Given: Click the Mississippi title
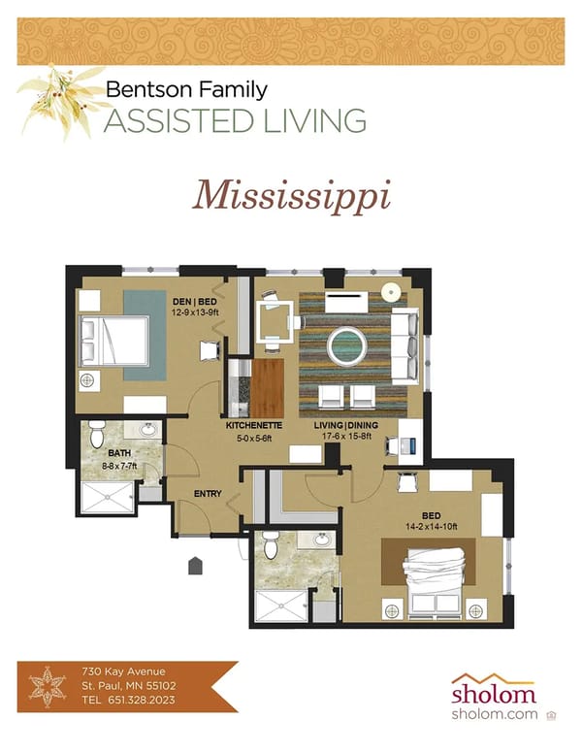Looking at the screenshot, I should pos(291,195).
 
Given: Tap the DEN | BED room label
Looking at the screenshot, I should pos(193,301).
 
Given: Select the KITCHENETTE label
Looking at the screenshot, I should pos(254,426).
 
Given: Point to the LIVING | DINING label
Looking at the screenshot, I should pos(345,426).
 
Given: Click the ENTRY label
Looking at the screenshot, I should pos(208,494).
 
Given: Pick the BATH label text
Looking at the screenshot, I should pos(120,453).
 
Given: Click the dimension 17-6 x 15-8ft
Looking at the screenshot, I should pos(345,438).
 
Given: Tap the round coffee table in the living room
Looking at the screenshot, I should pos(346,344).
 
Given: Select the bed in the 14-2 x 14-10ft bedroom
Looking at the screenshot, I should pos(435,580).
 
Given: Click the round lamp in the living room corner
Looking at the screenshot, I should pos(391,291).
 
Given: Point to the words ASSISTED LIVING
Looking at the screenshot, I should pos(235,121).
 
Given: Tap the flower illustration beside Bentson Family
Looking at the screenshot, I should pos(60,99).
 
